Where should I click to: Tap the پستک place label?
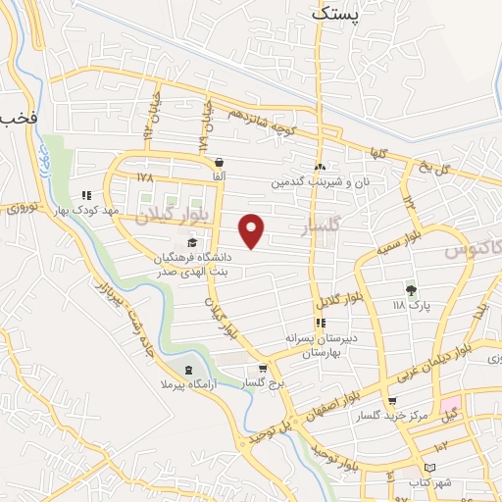335,14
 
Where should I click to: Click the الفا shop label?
218,176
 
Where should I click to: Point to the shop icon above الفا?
218,162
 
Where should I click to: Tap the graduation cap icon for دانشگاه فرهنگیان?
190,242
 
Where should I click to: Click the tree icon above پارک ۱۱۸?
411,290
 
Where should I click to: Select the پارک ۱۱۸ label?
411,306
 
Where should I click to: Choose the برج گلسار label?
262,384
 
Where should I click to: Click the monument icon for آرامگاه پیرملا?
187,370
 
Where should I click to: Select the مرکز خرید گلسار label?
394,417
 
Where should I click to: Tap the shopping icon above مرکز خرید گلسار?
393,401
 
